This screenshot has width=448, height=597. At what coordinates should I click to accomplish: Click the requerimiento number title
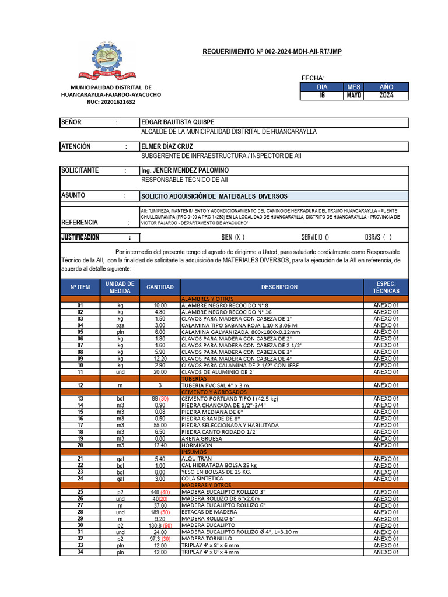point(272,52)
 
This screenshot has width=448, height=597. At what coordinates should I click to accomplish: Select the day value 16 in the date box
point(322,96)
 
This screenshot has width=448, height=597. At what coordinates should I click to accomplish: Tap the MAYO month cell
point(354,96)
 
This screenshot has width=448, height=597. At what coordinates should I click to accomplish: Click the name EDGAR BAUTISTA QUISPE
point(178,122)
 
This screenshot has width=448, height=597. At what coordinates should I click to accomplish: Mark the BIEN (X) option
point(233,237)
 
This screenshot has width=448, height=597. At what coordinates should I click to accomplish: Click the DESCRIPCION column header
point(279,287)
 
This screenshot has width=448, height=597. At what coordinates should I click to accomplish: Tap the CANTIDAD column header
point(160,287)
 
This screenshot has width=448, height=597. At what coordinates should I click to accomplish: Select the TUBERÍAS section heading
point(195,378)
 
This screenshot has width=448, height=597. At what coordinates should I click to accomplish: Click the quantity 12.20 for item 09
point(160,359)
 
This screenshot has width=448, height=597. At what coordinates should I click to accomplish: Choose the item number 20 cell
point(80,445)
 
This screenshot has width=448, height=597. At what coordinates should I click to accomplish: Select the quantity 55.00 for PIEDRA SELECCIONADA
point(160,426)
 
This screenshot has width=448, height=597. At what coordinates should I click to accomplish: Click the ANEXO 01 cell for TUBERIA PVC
point(386,385)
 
